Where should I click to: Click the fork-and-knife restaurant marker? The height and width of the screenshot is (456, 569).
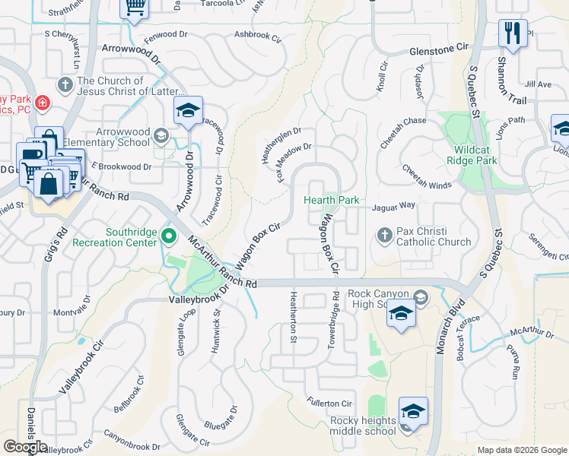(x=512, y=33)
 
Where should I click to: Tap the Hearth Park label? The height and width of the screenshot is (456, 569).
(x=331, y=200)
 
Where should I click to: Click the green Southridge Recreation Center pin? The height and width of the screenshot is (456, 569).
(x=169, y=237)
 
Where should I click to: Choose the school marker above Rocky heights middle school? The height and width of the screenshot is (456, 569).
(x=413, y=412)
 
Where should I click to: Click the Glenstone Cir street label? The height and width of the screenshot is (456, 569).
(x=439, y=47)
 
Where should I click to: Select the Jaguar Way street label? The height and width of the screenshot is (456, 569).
(x=393, y=206)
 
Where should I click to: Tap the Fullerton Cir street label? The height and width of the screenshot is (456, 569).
(x=329, y=404)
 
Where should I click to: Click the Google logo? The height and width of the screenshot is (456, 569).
(x=25, y=447)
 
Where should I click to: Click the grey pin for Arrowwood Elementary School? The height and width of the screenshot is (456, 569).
(x=161, y=135)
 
